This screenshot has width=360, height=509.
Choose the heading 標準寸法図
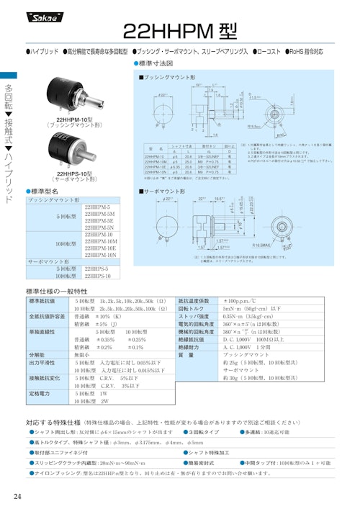tap(158, 63)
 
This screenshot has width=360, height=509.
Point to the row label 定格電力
tap(41, 394)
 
